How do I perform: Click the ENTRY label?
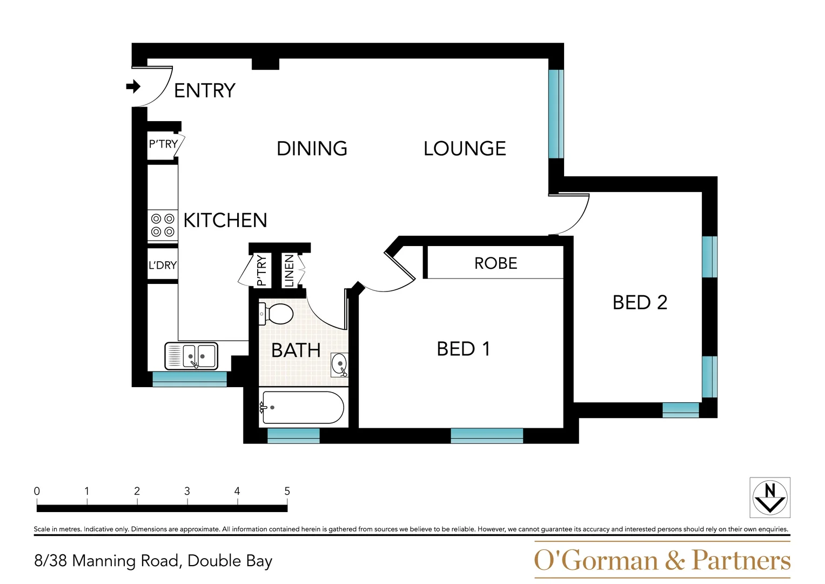point(204,90)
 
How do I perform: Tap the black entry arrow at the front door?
point(133,87)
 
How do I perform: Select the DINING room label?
point(312,149)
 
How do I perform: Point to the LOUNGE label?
point(465,149)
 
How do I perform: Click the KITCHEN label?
point(225,221)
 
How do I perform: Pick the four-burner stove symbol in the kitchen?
point(163,225)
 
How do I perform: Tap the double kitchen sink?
point(192,356)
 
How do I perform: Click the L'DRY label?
point(163,266)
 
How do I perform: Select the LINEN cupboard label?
point(289,270)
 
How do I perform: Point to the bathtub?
point(301,407)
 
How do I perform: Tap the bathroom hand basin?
point(339,364)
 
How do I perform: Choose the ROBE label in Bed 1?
point(495,263)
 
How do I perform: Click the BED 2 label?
point(640,302)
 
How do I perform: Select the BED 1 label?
point(463,349)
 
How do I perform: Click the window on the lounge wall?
point(556,114)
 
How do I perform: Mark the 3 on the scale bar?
point(187,491)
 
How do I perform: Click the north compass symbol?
point(770,497)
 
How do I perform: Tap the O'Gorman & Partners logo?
point(662,560)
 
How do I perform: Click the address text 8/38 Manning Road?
point(153,561)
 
